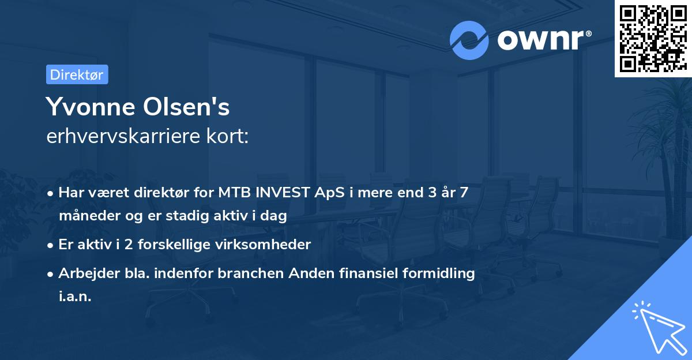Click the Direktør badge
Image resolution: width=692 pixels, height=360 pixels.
pyautogui.click(x=77, y=74)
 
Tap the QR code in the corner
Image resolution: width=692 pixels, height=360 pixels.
pyautogui.click(x=653, y=38)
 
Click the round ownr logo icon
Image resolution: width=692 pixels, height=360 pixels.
pyautogui.click(x=469, y=40)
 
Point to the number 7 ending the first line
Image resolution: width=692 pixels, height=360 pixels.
pyautogui.click(x=464, y=193)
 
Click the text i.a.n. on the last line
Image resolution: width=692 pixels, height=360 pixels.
pyautogui.click(x=75, y=297)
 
